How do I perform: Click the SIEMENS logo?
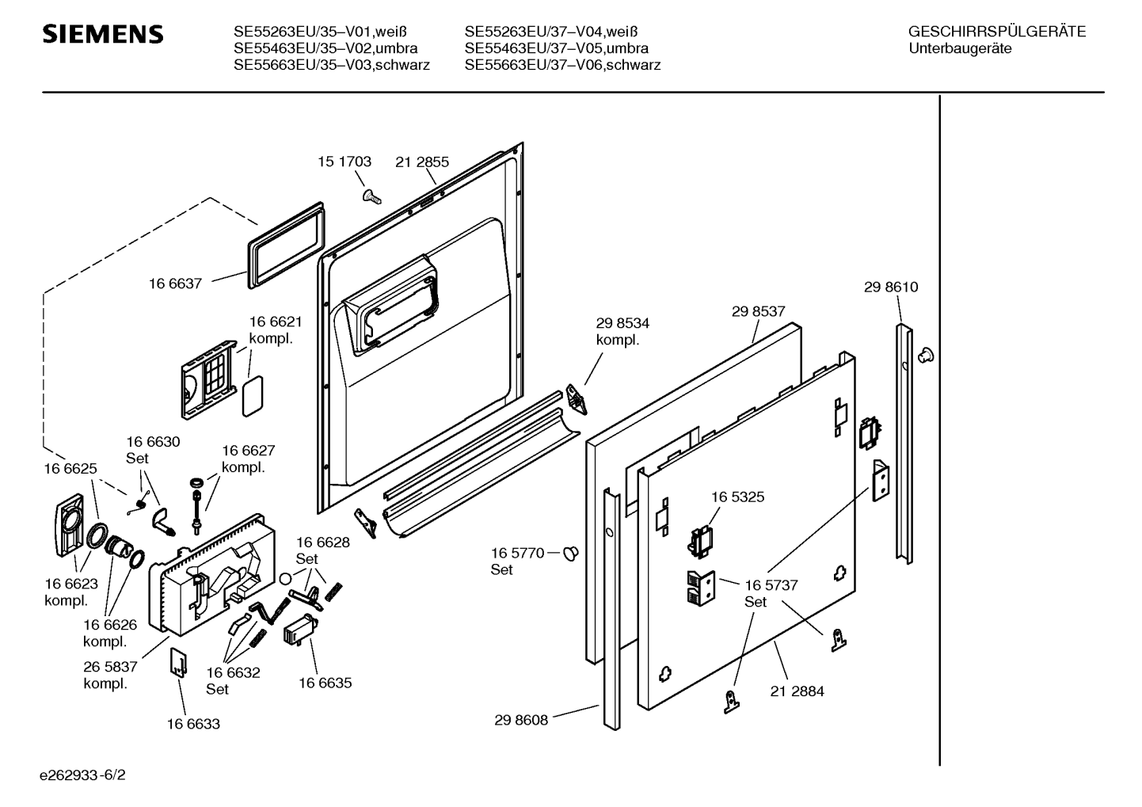point(103,35)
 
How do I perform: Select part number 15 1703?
point(345,162)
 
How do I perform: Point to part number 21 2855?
point(422,162)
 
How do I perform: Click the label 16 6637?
point(175,283)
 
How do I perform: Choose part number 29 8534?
point(622,323)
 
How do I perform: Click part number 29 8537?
point(758,312)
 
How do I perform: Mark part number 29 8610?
point(891,287)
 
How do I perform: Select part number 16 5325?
point(737,497)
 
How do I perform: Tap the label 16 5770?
point(517,553)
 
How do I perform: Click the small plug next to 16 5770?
point(571,553)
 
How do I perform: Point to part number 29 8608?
point(521,720)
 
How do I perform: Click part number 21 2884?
point(797,691)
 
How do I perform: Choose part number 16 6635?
point(325,683)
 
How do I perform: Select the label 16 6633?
point(193,724)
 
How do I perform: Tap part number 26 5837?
point(110,667)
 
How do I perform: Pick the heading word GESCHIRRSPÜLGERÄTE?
point(997,32)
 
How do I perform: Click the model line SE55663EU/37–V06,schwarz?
point(562,65)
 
